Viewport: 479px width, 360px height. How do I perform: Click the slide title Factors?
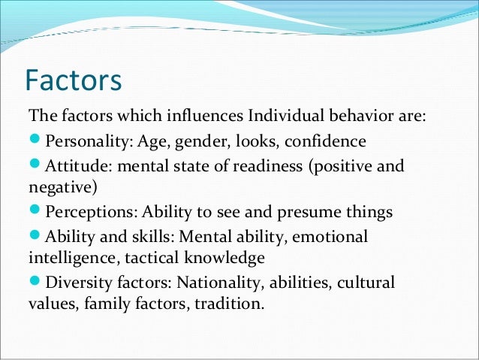tap(73, 80)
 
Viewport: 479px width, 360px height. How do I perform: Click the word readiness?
tap(264, 165)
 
